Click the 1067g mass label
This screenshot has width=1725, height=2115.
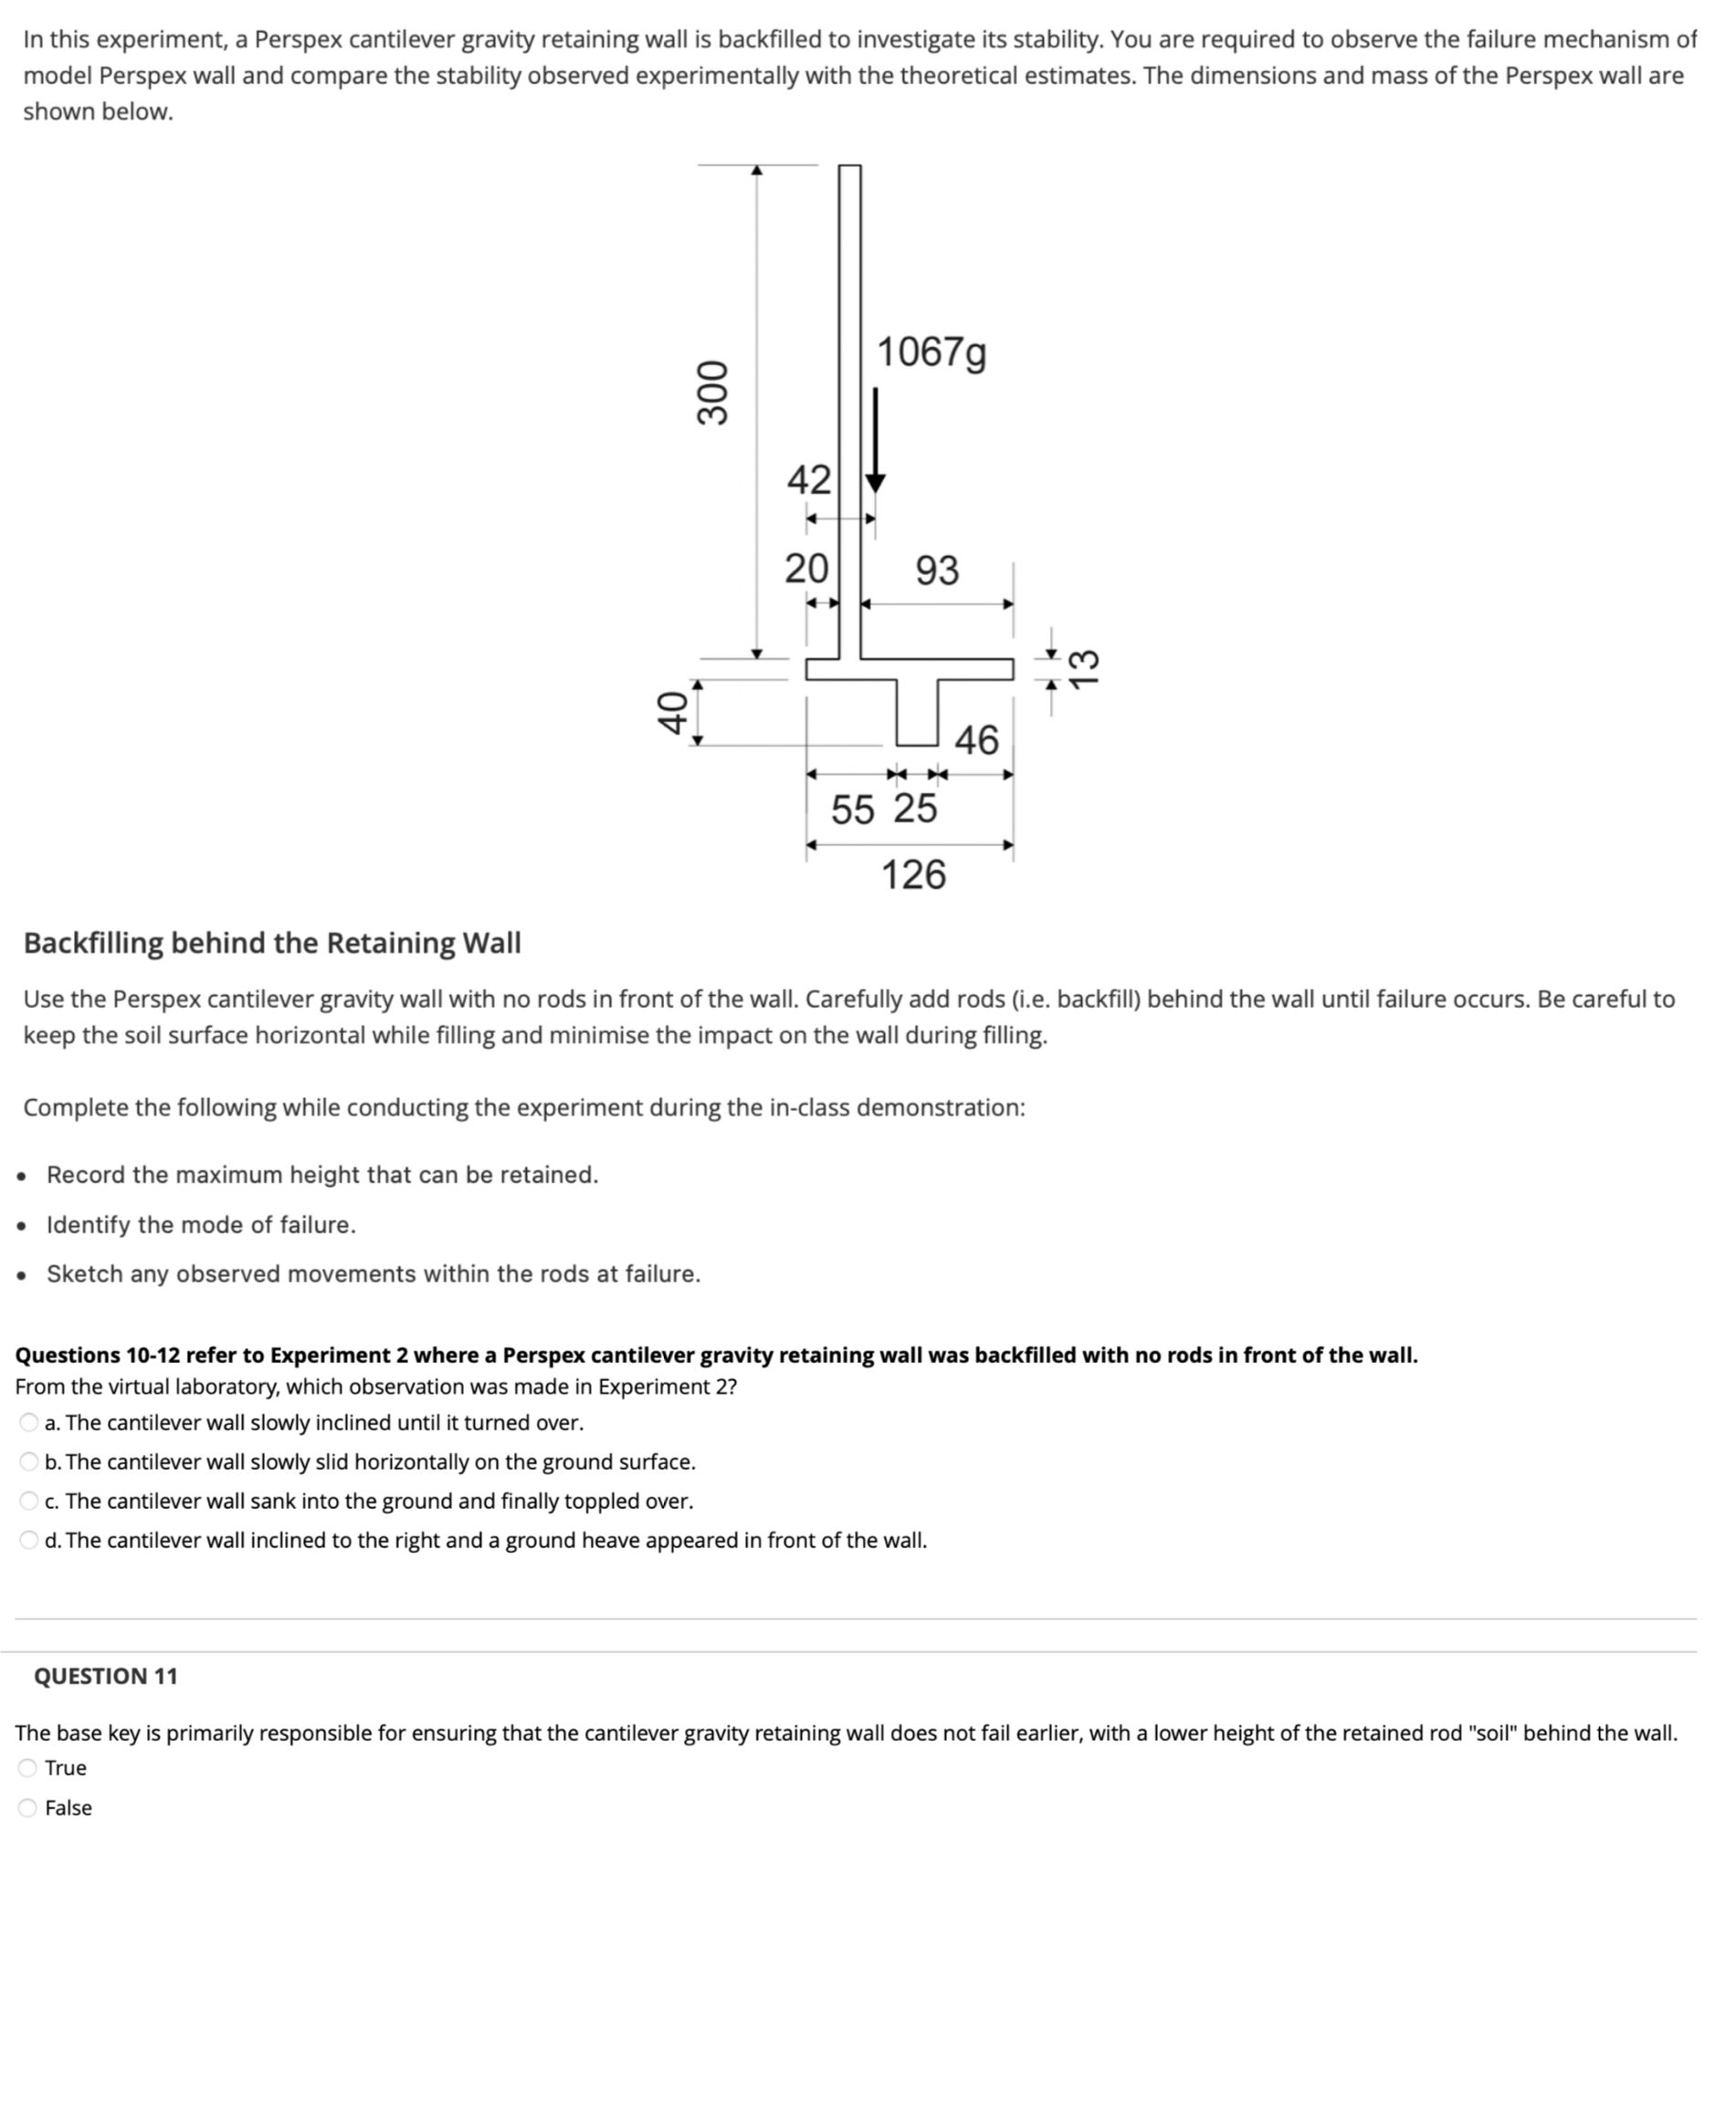pos(931,352)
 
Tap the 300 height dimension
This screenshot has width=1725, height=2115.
pos(712,393)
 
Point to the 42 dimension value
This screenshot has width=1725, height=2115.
pos(808,480)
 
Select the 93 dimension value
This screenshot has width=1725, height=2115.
pos(937,571)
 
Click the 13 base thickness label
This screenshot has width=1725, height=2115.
pos(1084,666)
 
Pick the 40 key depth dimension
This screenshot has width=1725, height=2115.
pos(674,711)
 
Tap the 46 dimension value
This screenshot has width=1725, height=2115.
pos(976,740)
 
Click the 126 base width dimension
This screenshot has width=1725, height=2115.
pos(913,875)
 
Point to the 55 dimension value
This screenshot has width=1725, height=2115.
pos(853,810)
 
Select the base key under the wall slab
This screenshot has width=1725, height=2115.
pos(917,712)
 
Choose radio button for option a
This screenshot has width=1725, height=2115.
pos(29,1422)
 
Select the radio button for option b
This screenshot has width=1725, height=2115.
pos(29,1462)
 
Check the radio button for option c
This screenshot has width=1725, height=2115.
pos(29,1501)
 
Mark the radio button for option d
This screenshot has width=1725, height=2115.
pos(29,1541)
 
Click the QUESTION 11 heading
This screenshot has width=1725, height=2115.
pos(105,1677)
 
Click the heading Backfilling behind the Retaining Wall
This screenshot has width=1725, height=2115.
pos(271,943)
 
